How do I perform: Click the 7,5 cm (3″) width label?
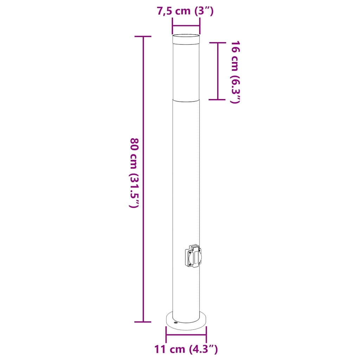[x=185, y=11]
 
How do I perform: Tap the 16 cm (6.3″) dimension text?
[x=235, y=72]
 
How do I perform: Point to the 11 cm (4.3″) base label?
[x=186, y=349]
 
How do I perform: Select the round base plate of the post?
[x=186, y=321]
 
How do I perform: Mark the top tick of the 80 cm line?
[x=143, y=36]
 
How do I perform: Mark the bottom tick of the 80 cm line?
[x=143, y=322]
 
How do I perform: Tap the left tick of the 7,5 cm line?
[x=172, y=25]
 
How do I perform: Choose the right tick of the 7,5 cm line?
[x=200, y=25]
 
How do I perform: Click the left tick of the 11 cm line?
[x=166, y=335]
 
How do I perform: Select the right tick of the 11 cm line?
[x=206, y=335]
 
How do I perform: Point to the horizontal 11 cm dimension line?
[x=186, y=335]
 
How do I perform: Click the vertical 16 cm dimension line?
[x=218, y=70]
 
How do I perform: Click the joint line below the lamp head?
[x=186, y=100]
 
